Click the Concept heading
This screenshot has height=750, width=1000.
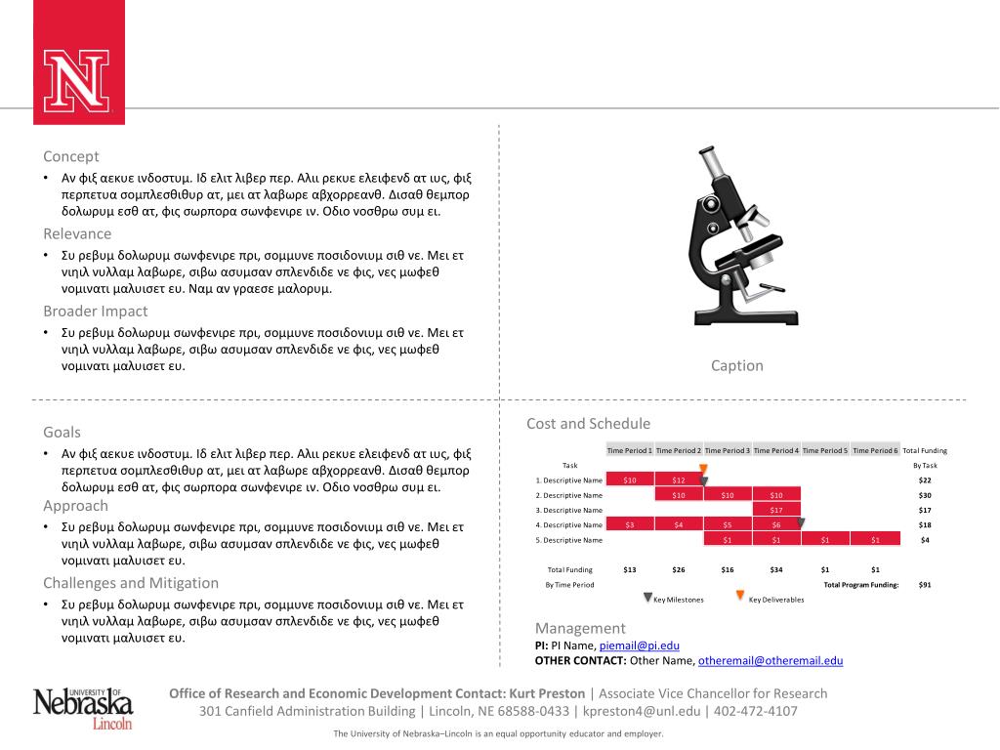[70, 156]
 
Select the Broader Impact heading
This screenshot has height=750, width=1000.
[95, 312]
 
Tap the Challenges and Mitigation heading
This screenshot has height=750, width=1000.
[130, 583]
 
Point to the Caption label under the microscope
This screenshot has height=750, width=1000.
[736, 366]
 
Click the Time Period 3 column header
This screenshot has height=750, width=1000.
[728, 450]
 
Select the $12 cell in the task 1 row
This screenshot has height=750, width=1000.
[679, 480]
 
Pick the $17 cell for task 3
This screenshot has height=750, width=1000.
[776, 510]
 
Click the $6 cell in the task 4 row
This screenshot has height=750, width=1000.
[776, 524]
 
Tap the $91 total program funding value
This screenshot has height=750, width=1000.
[925, 585]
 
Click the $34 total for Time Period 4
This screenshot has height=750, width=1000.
[776, 569]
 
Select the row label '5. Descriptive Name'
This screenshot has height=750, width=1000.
[569, 540]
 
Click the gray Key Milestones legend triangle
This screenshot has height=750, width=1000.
[646, 597]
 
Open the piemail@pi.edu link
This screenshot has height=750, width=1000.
[639, 646]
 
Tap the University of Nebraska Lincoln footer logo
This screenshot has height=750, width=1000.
[83, 706]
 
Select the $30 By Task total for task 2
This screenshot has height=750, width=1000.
[925, 495]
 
